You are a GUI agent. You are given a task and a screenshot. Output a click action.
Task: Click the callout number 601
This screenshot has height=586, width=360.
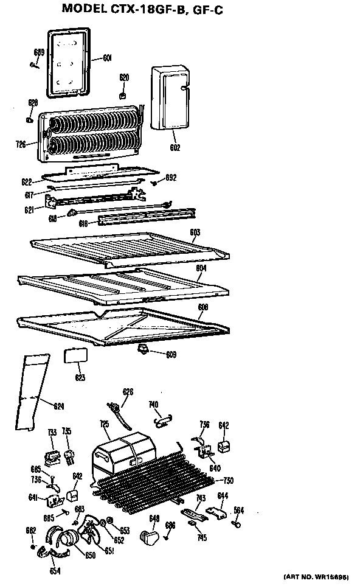click(x=107, y=58)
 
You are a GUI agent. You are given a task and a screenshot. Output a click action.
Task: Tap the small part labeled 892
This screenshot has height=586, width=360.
click(x=155, y=182)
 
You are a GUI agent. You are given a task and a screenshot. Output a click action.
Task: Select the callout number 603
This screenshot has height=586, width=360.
click(x=195, y=232)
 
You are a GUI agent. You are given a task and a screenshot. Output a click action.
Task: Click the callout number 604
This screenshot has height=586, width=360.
click(x=201, y=267)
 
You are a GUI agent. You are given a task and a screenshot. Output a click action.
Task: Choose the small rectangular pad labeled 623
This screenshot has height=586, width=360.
click(x=75, y=356)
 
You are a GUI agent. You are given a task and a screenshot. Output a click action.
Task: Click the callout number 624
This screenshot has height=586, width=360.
click(x=58, y=406)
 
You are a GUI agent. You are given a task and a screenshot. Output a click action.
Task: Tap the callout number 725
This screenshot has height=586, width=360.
click(x=104, y=424)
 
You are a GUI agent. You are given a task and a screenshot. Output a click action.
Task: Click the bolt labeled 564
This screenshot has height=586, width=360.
click(x=238, y=520)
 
